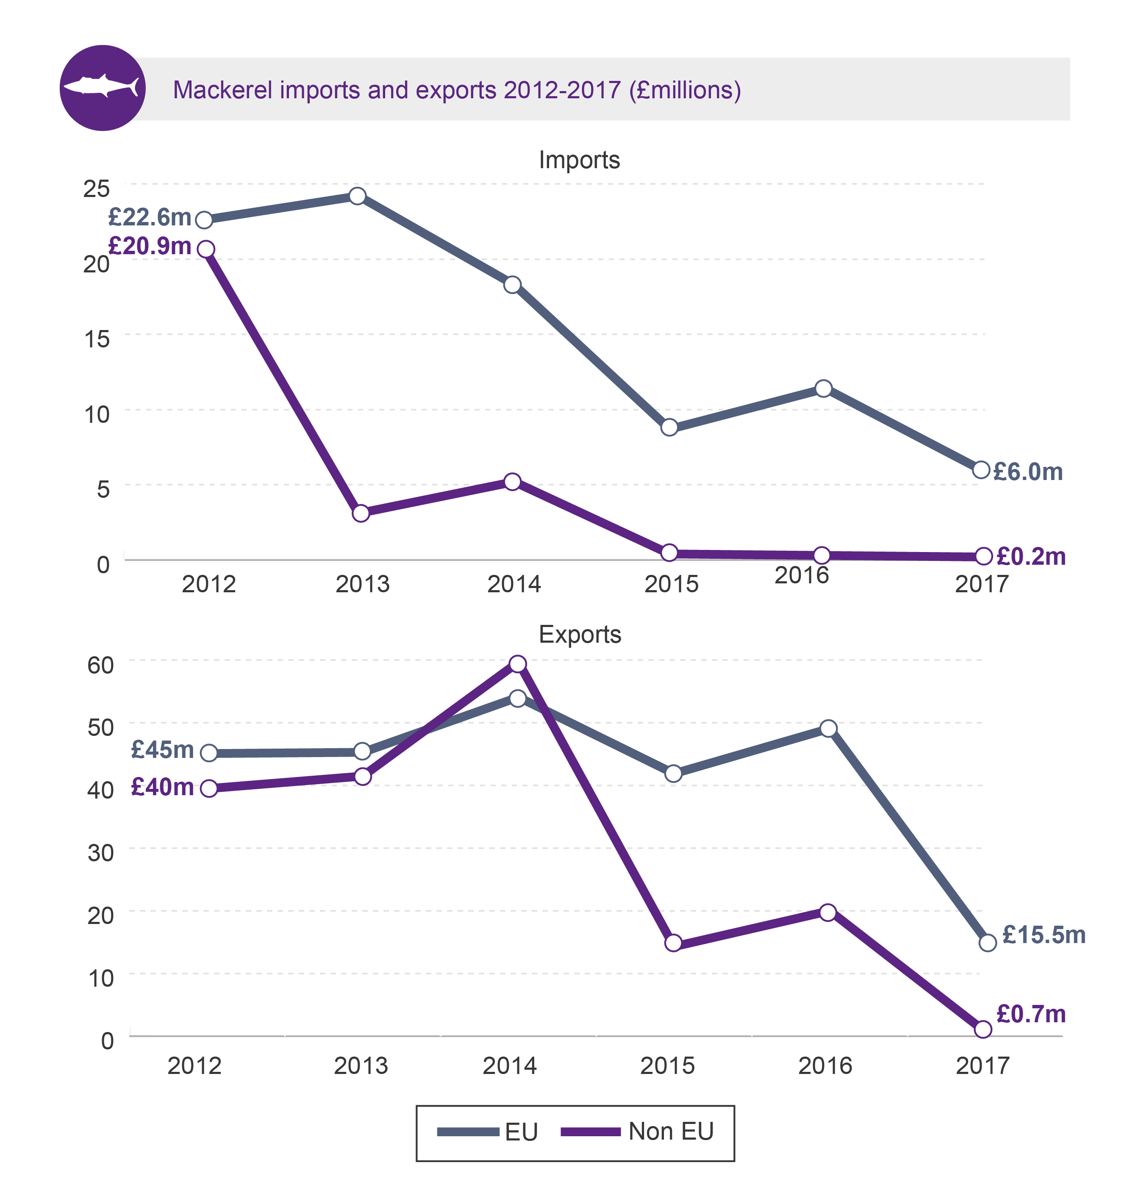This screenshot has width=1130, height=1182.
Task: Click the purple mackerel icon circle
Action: coord(103,88)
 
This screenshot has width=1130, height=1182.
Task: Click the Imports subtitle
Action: coord(579,160)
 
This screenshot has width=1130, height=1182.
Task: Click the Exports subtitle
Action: coord(580,635)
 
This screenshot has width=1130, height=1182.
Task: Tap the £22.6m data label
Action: coord(150,217)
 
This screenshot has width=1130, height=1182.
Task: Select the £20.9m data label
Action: coord(150,246)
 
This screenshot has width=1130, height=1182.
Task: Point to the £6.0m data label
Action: coord(1027,472)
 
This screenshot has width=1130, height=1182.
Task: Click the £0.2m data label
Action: coord(1030,556)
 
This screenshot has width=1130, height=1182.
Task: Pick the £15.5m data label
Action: coord(1043,935)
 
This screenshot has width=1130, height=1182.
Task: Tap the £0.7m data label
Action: coord(1030,1014)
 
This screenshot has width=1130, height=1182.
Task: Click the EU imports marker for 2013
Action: coord(357,196)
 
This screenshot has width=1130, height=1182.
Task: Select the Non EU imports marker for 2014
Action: coord(512,481)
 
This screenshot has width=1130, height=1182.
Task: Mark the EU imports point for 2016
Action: coord(823,388)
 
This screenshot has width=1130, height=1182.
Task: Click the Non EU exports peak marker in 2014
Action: coord(517,663)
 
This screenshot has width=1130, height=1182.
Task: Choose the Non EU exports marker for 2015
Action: coord(673,943)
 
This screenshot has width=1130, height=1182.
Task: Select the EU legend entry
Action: coord(488,1132)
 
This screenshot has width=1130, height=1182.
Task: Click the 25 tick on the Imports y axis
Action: coord(96,189)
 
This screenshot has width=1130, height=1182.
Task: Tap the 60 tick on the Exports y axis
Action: coord(100,665)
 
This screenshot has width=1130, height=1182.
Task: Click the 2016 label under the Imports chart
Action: coord(801,575)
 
